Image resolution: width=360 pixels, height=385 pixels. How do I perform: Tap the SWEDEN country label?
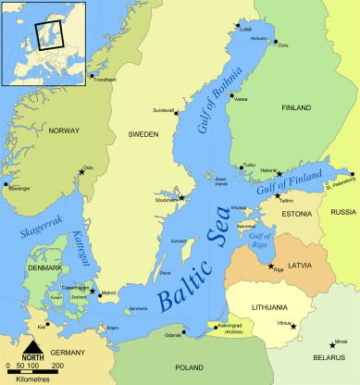143,134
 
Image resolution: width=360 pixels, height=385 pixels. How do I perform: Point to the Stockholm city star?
182,197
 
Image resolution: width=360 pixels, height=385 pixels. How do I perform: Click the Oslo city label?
89,167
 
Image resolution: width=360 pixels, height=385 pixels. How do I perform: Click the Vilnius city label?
283,323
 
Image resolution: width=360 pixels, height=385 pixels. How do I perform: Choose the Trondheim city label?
106,80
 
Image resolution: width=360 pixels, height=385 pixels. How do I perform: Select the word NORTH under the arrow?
33,357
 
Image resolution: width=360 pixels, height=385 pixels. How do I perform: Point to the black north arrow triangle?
32,346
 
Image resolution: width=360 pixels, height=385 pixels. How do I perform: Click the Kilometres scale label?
32,378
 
